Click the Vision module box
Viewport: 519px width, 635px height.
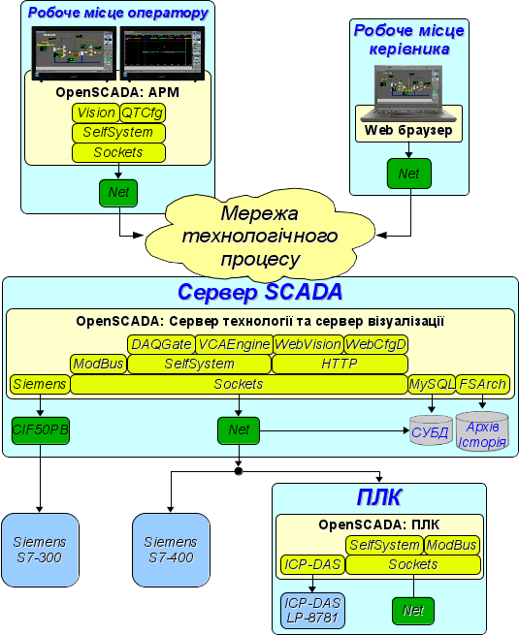[x=96, y=112]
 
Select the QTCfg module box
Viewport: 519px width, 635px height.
[x=143, y=112]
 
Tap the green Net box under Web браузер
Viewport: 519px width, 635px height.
[x=408, y=174]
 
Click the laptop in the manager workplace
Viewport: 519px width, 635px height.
[x=408, y=93]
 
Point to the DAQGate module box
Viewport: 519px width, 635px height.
[x=161, y=344]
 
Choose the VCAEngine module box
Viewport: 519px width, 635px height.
[x=234, y=344]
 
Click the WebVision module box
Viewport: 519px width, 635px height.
[x=308, y=344]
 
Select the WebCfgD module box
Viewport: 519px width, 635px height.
[x=376, y=344]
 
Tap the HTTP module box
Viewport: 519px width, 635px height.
[x=340, y=365]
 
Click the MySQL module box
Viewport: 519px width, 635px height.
[x=432, y=384]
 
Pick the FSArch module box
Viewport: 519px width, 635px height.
[x=483, y=384]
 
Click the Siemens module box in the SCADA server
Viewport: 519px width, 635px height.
[x=40, y=384]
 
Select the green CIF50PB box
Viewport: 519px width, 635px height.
[x=41, y=430]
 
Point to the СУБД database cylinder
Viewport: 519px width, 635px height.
[x=431, y=430]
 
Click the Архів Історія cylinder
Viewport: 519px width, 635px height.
[x=482, y=431]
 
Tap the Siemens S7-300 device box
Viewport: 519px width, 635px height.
[x=40, y=550]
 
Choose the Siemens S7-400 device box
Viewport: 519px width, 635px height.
[x=171, y=550]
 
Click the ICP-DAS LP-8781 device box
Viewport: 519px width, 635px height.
[x=312, y=611]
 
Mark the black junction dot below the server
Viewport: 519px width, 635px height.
[x=239, y=471]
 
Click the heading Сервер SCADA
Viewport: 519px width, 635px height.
[x=260, y=292]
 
